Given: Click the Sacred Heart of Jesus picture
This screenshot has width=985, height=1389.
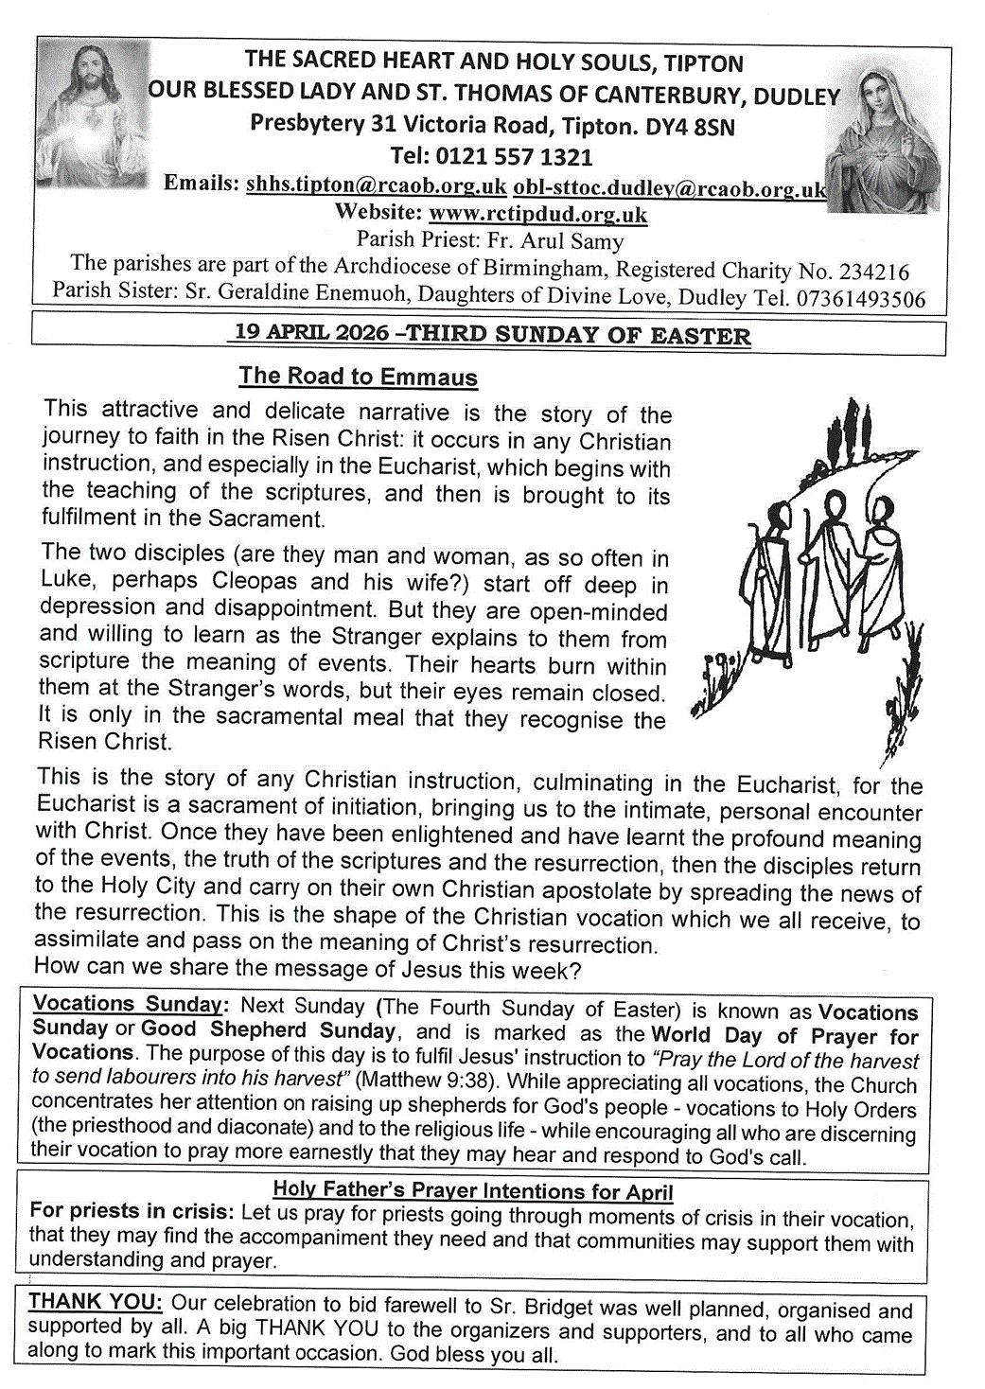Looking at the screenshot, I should (x=92, y=114).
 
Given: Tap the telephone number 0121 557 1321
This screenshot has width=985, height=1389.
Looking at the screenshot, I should (x=524, y=156).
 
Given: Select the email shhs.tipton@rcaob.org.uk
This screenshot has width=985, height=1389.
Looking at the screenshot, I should (x=376, y=185).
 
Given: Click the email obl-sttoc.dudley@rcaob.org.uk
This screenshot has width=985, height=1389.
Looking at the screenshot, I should (x=669, y=188).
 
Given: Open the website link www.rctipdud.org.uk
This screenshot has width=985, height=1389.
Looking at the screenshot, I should (x=537, y=214).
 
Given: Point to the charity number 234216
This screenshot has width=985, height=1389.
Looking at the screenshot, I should (x=874, y=272).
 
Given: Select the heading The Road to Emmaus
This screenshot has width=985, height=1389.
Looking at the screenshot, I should (x=358, y=376).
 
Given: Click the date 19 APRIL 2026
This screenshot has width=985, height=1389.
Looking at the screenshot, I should (x=311, y=332).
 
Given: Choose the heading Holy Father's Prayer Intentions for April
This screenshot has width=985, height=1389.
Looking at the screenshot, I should (x=472, y=1190).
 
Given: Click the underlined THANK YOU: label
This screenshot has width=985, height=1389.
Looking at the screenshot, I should (x=95, y=1302).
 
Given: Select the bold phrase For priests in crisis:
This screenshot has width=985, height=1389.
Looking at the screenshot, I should (x=131, y=1211).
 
